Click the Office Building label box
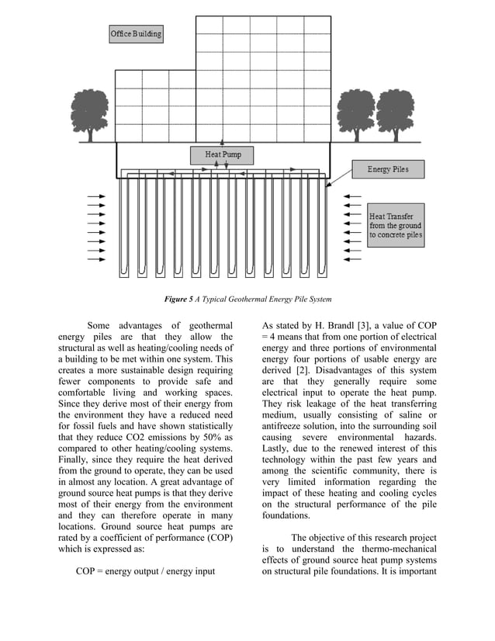pyautogui.click(x=136, y=34)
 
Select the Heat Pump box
pyautogui.click(x=223, y=154)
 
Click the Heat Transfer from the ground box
pyautogui.click(x=396, y=225)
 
